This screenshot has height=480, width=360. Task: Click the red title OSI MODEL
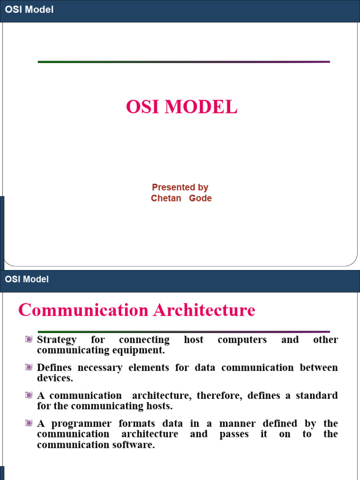click(181, 107)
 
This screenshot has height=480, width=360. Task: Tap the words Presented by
click(180, 187)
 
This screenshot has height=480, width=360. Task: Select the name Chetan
click(166, 198)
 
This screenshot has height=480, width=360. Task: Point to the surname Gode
click(200, 198)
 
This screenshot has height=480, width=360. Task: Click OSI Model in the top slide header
click(29, 9)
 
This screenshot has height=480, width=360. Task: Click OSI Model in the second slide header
click(27, 279)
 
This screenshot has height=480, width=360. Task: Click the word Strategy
click(57, 340)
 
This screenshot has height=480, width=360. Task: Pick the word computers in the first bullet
click(242, 340)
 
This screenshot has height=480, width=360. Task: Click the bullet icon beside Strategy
click(29, 339)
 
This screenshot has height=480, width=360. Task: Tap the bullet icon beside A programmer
click(29, 423)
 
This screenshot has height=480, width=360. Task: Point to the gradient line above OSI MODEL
click(184, 61)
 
